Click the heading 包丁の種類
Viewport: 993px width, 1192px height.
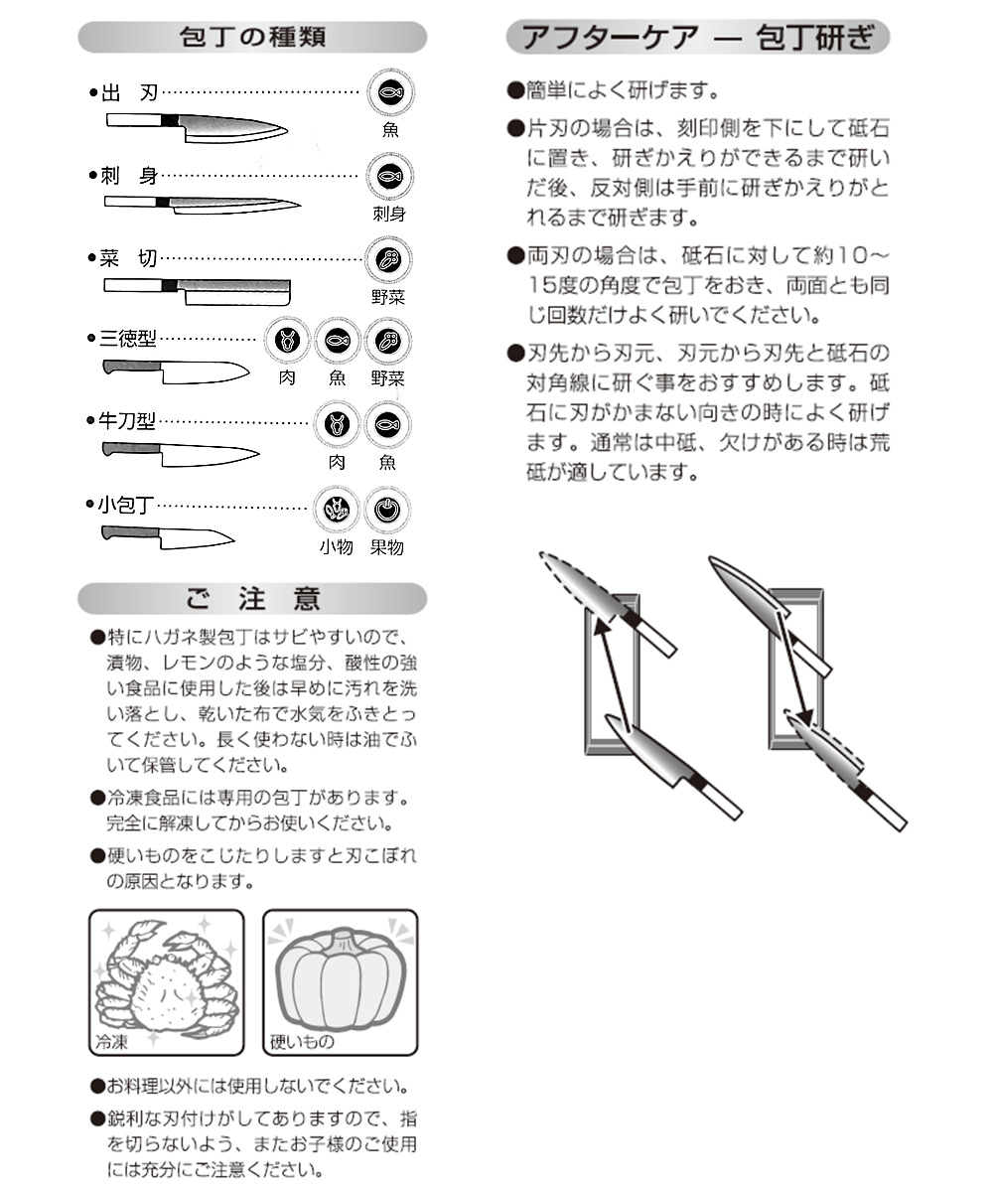[252, 38]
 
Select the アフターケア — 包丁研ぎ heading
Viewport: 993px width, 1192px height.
[697, 38]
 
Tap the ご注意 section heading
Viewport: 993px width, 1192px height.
[252, 599]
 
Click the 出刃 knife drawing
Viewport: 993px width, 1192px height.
[196, 126]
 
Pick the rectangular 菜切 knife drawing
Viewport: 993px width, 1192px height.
[198, 289]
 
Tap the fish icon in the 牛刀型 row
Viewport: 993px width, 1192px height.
[386, 425]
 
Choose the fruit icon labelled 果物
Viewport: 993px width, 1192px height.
[386, 510]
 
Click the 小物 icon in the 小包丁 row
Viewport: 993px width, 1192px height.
[336, 510]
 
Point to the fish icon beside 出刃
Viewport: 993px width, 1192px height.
[386, 92]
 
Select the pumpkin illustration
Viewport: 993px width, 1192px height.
[340, 978]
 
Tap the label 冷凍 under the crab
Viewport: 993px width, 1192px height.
[111, 1042]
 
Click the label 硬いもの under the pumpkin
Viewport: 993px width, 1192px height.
[302, 1042]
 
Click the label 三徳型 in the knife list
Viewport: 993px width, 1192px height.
[128, 339]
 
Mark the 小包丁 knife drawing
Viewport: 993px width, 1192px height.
[167, 537]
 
